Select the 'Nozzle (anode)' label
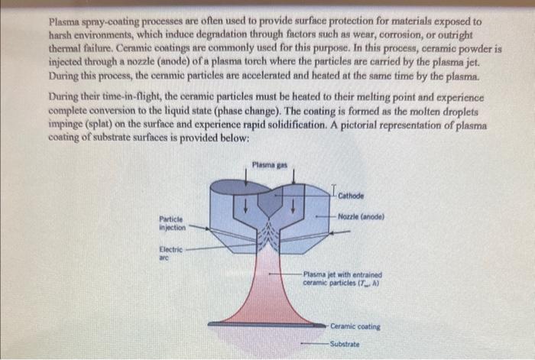[361, 216]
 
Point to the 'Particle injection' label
[171, 223]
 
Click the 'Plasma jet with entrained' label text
[342, 274]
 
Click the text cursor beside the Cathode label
[334, 190]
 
